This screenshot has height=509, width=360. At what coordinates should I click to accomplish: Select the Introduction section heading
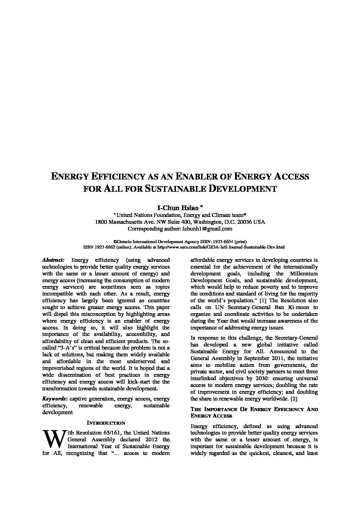(x=106, y=423)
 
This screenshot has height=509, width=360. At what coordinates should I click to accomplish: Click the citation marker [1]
(x=263, y=301)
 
